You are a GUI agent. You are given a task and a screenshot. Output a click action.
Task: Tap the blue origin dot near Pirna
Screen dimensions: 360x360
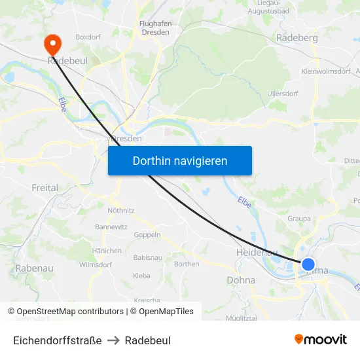coord(308,265)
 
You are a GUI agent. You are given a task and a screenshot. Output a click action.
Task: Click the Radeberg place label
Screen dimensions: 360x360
coord(297,38)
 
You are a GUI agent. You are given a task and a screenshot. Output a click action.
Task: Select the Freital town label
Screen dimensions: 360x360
coord(45,188)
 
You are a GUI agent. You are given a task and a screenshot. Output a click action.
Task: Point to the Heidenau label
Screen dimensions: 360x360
coord(256,252)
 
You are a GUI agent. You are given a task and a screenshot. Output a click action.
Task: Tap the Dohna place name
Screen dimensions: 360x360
coord(240,279)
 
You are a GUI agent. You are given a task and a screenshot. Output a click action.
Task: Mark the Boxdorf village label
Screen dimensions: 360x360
coord(88,37)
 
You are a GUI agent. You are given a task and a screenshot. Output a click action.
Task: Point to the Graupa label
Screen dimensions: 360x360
coord(299,219)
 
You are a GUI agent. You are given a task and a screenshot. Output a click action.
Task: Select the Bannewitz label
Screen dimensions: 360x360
coord(111,226)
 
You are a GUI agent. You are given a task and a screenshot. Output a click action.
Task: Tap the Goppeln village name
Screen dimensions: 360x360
coord(147,234)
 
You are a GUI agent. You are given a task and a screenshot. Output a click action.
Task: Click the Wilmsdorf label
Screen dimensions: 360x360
coord(96,265)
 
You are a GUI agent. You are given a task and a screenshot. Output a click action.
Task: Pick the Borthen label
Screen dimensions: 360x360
coord(187,264)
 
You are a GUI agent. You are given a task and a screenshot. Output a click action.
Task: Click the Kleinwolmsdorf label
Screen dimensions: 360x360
coord(325,71)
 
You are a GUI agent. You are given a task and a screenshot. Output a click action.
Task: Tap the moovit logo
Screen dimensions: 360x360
coord(321,340)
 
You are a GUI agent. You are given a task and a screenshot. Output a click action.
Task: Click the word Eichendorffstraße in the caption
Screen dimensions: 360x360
coord(58,340)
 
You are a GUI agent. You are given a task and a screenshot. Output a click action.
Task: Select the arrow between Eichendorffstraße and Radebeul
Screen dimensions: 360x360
coord(113,340)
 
